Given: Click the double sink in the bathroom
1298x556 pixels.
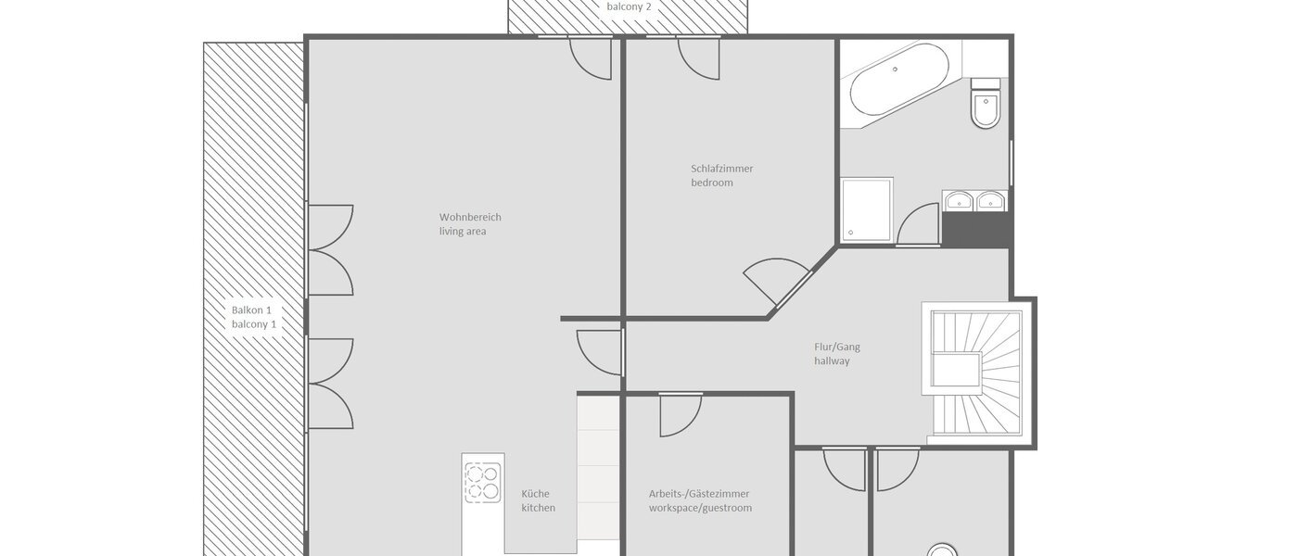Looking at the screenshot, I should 974,201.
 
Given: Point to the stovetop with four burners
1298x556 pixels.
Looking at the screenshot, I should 483,481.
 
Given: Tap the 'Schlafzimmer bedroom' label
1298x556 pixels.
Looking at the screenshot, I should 721,176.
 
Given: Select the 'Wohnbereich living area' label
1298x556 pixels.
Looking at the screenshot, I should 470,224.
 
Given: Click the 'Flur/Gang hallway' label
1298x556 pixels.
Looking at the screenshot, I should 836,354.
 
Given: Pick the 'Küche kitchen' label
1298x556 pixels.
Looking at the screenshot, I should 538,501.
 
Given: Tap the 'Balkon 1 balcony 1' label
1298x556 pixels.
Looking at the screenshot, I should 254,317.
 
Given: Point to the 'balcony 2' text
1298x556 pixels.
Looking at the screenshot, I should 629,6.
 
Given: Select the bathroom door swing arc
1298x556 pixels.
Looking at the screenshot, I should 918,225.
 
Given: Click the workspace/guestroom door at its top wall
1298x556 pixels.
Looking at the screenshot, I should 681,414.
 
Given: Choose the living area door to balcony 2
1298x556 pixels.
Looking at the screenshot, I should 591,57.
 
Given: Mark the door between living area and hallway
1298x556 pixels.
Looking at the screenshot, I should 600,352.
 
